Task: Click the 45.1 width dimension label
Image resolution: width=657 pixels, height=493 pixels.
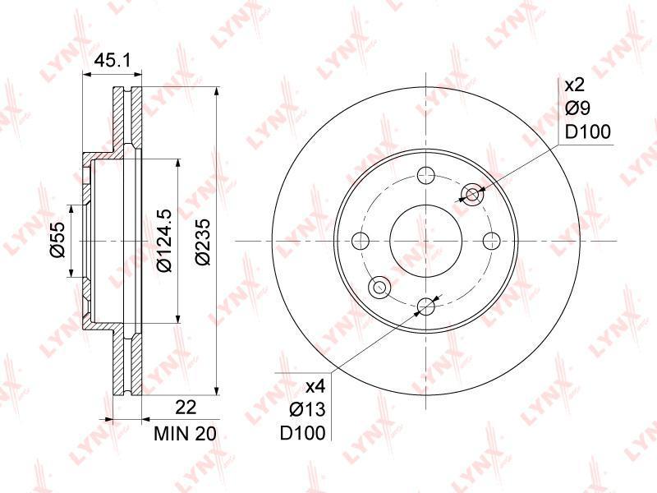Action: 113,60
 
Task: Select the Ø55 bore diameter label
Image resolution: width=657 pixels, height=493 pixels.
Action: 57,240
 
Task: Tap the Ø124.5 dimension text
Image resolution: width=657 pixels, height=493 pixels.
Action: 163,240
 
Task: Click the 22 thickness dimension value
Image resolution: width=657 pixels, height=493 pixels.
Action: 186,407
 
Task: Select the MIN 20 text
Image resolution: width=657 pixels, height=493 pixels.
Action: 186,434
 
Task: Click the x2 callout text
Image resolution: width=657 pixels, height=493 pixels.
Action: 574,85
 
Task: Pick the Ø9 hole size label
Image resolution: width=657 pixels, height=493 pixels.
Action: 577,108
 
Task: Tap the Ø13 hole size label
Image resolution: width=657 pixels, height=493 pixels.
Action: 307,408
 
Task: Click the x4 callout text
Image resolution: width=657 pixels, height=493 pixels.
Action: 315,386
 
